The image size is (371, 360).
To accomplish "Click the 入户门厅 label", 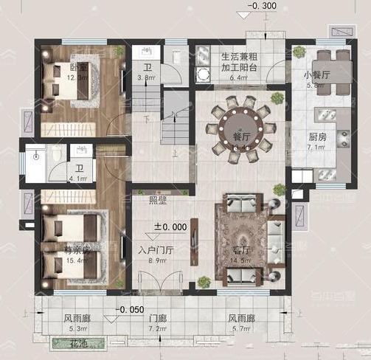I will point(155,251).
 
